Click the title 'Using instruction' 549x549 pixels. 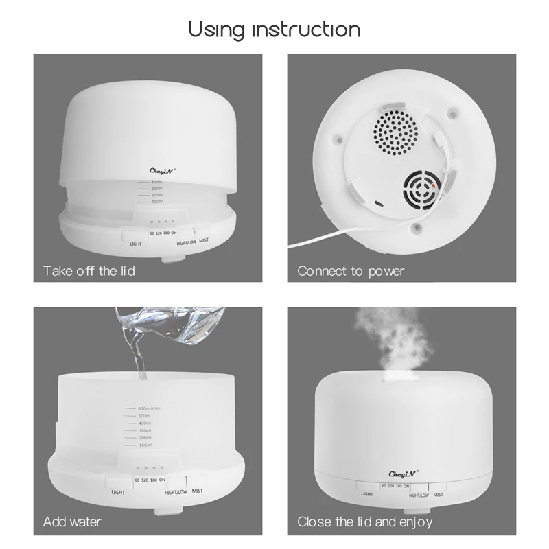point(274,30)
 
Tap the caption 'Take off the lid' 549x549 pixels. point(89,271)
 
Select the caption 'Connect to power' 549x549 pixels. point(351,271)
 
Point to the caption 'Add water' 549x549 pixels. point(72,522)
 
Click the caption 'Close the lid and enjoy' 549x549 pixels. point(365,522)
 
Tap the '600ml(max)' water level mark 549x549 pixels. point(149,408)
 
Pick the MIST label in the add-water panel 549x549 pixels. point(198,491)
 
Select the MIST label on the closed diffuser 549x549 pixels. point(437,494)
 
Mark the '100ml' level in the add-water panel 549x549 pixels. point(144,445)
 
